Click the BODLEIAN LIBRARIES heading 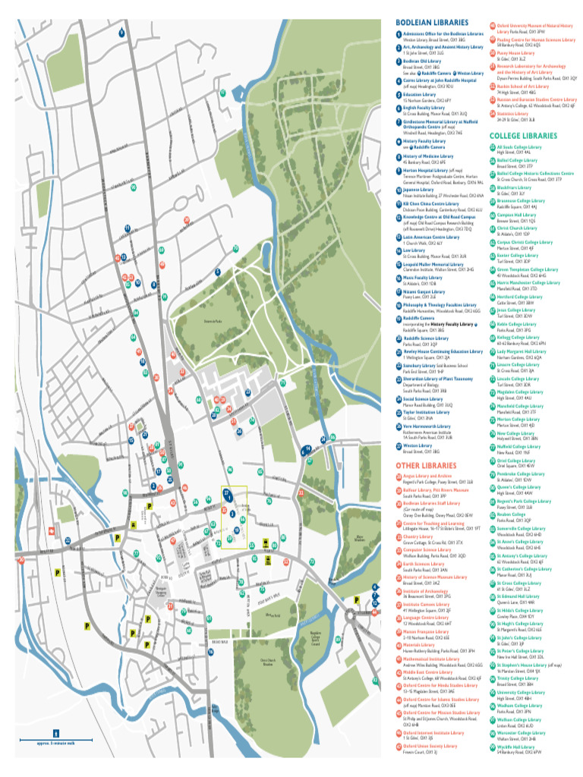(430, 23)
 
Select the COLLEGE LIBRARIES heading (523, 137)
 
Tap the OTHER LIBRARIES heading (426, 465)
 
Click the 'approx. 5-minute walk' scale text (54, 743)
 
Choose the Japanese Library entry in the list (418, 190)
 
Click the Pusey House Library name (516, 53)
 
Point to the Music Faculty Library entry (422, 278)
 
